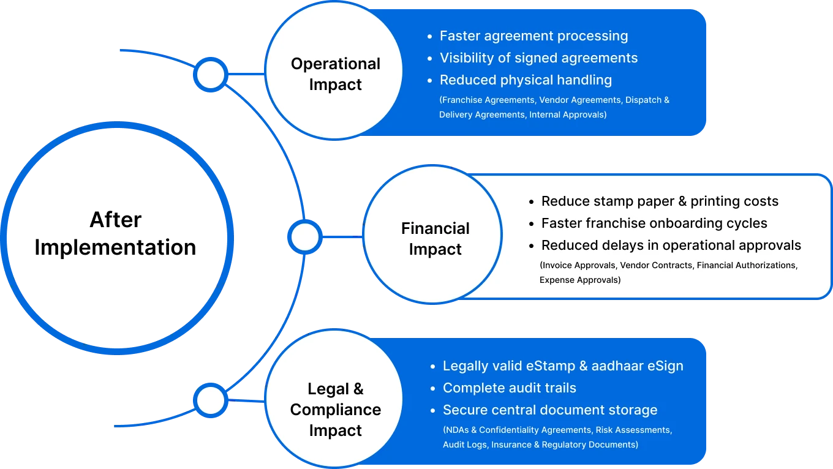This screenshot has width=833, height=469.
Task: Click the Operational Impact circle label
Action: (335, 74)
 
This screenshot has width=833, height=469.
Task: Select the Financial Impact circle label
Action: (435, 239)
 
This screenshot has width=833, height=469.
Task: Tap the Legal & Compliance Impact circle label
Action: (335, 410)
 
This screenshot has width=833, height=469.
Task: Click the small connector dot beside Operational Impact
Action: (211, 75)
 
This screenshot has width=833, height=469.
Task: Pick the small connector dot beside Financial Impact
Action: (304, 237)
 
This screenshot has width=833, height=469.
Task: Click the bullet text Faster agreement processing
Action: (533, 36)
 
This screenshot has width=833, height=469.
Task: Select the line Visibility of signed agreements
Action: (538, 58)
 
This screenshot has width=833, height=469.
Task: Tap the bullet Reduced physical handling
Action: (526, 80)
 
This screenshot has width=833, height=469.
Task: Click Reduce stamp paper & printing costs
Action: (660, 201)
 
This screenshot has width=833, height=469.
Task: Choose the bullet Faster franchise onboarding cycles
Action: (654, 223)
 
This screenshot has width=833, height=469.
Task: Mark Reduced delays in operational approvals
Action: (671, 246)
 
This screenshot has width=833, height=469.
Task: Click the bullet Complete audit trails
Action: (509, 388)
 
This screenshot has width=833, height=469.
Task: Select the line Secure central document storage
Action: (549, 410)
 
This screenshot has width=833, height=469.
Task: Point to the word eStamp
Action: (549, 366)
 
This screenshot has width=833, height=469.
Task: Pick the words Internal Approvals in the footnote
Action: (567, 114)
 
